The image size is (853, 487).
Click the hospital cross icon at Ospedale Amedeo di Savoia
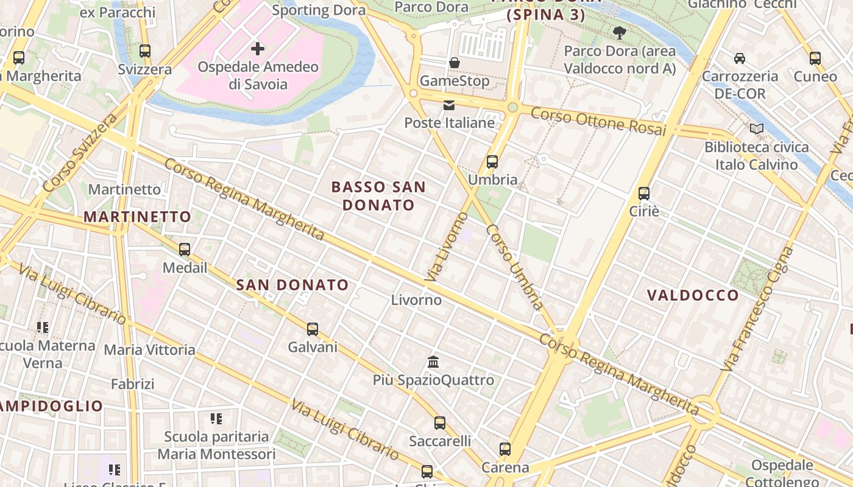(258, 48)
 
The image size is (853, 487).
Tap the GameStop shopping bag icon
(455, 63)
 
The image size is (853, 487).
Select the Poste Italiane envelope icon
(449, 105)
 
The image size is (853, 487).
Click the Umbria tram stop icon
(492, 162)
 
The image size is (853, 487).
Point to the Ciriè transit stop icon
(644, 194)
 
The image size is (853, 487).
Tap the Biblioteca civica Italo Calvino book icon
(757, 129)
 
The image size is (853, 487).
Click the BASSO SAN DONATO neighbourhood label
(378, 195)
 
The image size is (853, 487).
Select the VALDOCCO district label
(693, 296)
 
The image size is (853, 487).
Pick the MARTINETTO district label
(137, 217)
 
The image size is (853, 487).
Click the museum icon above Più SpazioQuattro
(433, 362)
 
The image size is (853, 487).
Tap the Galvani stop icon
(313, 329)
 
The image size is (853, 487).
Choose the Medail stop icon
(185, 250)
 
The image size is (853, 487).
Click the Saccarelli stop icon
(440, 423)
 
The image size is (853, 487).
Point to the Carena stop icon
(505, 449)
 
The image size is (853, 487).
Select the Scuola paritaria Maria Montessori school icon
(216, 419)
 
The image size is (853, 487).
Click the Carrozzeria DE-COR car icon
(739, 58)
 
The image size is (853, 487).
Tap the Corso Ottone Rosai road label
(598, 122)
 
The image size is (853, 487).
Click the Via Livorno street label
(446, 247)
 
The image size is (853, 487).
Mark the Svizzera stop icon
(145, 51)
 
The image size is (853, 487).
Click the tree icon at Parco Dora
(620, 33)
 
